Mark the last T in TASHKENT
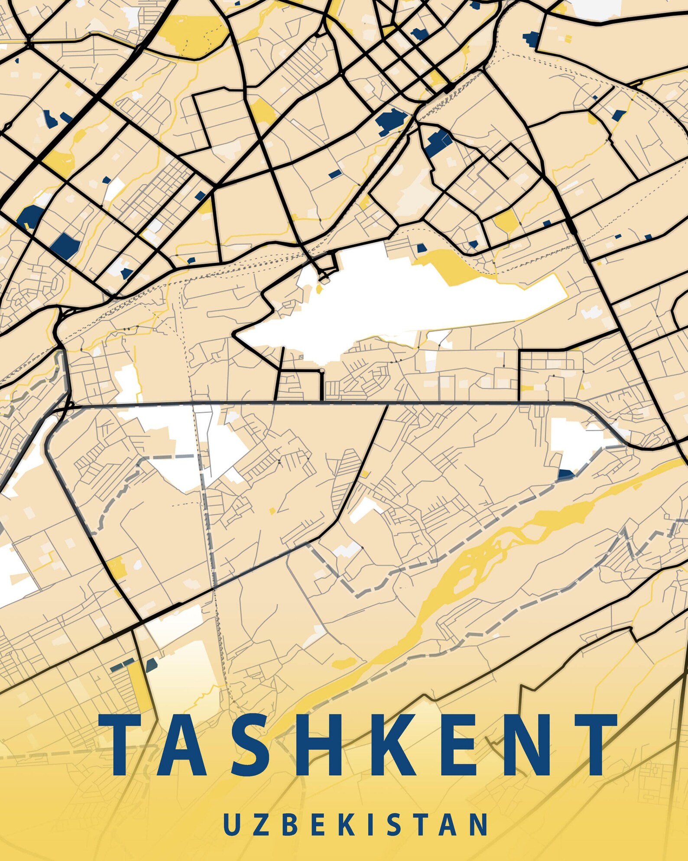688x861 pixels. coord(589,744)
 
